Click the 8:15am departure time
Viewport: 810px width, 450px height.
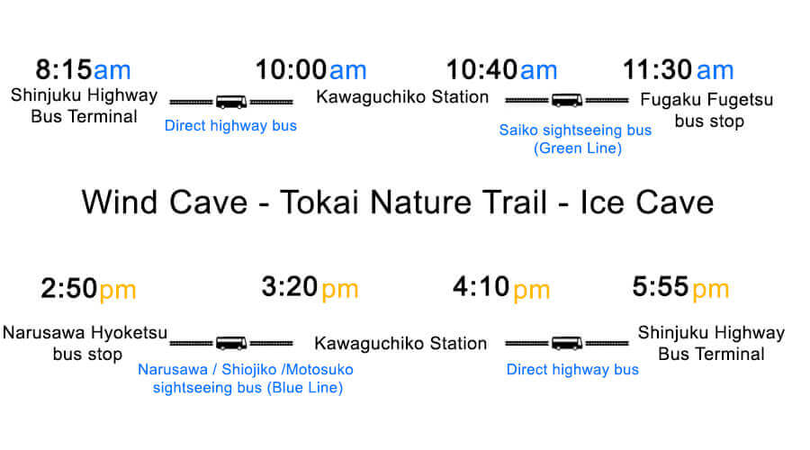point(83,69)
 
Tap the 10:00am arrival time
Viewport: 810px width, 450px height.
point(311,69)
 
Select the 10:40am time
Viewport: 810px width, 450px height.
point(501,69)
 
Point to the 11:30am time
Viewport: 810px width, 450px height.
point(679,69)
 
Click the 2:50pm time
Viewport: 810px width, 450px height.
point(88,288)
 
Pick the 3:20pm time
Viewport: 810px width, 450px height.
point(310,287)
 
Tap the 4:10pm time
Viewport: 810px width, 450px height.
point(501,287)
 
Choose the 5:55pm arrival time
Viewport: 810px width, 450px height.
point(680,287)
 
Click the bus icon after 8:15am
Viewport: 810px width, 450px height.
point(231,102)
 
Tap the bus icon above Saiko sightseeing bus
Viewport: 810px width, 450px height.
point(567,100)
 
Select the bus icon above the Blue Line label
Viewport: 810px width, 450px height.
point(231,343)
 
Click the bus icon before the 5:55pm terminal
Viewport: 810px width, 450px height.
point(567,343)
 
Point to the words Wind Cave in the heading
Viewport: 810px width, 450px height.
point(165,202)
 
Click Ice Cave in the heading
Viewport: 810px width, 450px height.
point(647,202)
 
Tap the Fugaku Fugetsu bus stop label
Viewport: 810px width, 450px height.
point(707,110)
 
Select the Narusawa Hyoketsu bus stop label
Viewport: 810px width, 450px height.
point(85,343)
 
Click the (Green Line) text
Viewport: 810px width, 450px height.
point(578,148)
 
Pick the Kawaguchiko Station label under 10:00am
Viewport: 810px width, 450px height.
point(402,97)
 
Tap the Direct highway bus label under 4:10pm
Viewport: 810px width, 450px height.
point(572,369)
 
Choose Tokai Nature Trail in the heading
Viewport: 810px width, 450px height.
point(413,202)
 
